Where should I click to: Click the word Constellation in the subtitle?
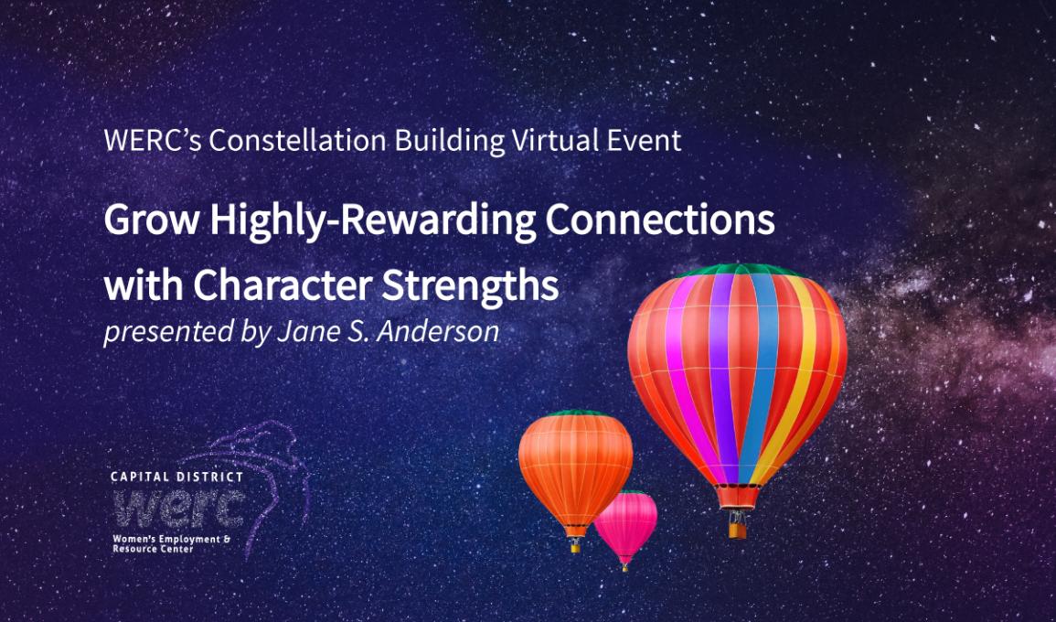pyautogui.click(x=297, y=140)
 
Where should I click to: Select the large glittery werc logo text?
pyautogui.click(x=179, y=508)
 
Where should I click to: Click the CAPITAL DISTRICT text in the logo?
pyautogui.click(x=177, y=477)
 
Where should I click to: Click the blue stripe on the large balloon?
pyautogui.click(x=761, y=378)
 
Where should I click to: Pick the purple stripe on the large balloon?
pyautogui.click(x=723, y=378)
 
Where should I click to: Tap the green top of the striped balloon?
pyautogui.click(x=738, y=270)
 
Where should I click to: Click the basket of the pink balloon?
pyautogui.click(x=625, y=568)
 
